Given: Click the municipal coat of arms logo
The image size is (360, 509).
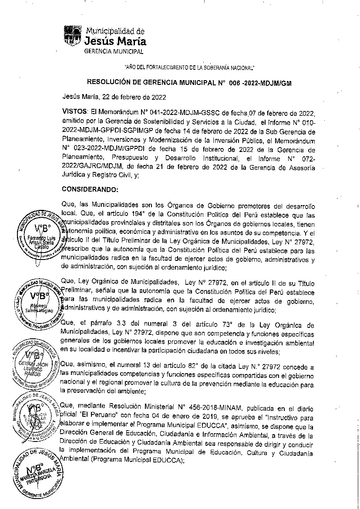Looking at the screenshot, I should [x=72, y=36].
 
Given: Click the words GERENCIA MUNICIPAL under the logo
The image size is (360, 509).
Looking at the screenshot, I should [x=114, y=51].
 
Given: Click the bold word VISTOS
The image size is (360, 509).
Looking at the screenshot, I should [x=75, y=111].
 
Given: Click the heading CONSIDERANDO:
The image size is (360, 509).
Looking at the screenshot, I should [x=90, y=190].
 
